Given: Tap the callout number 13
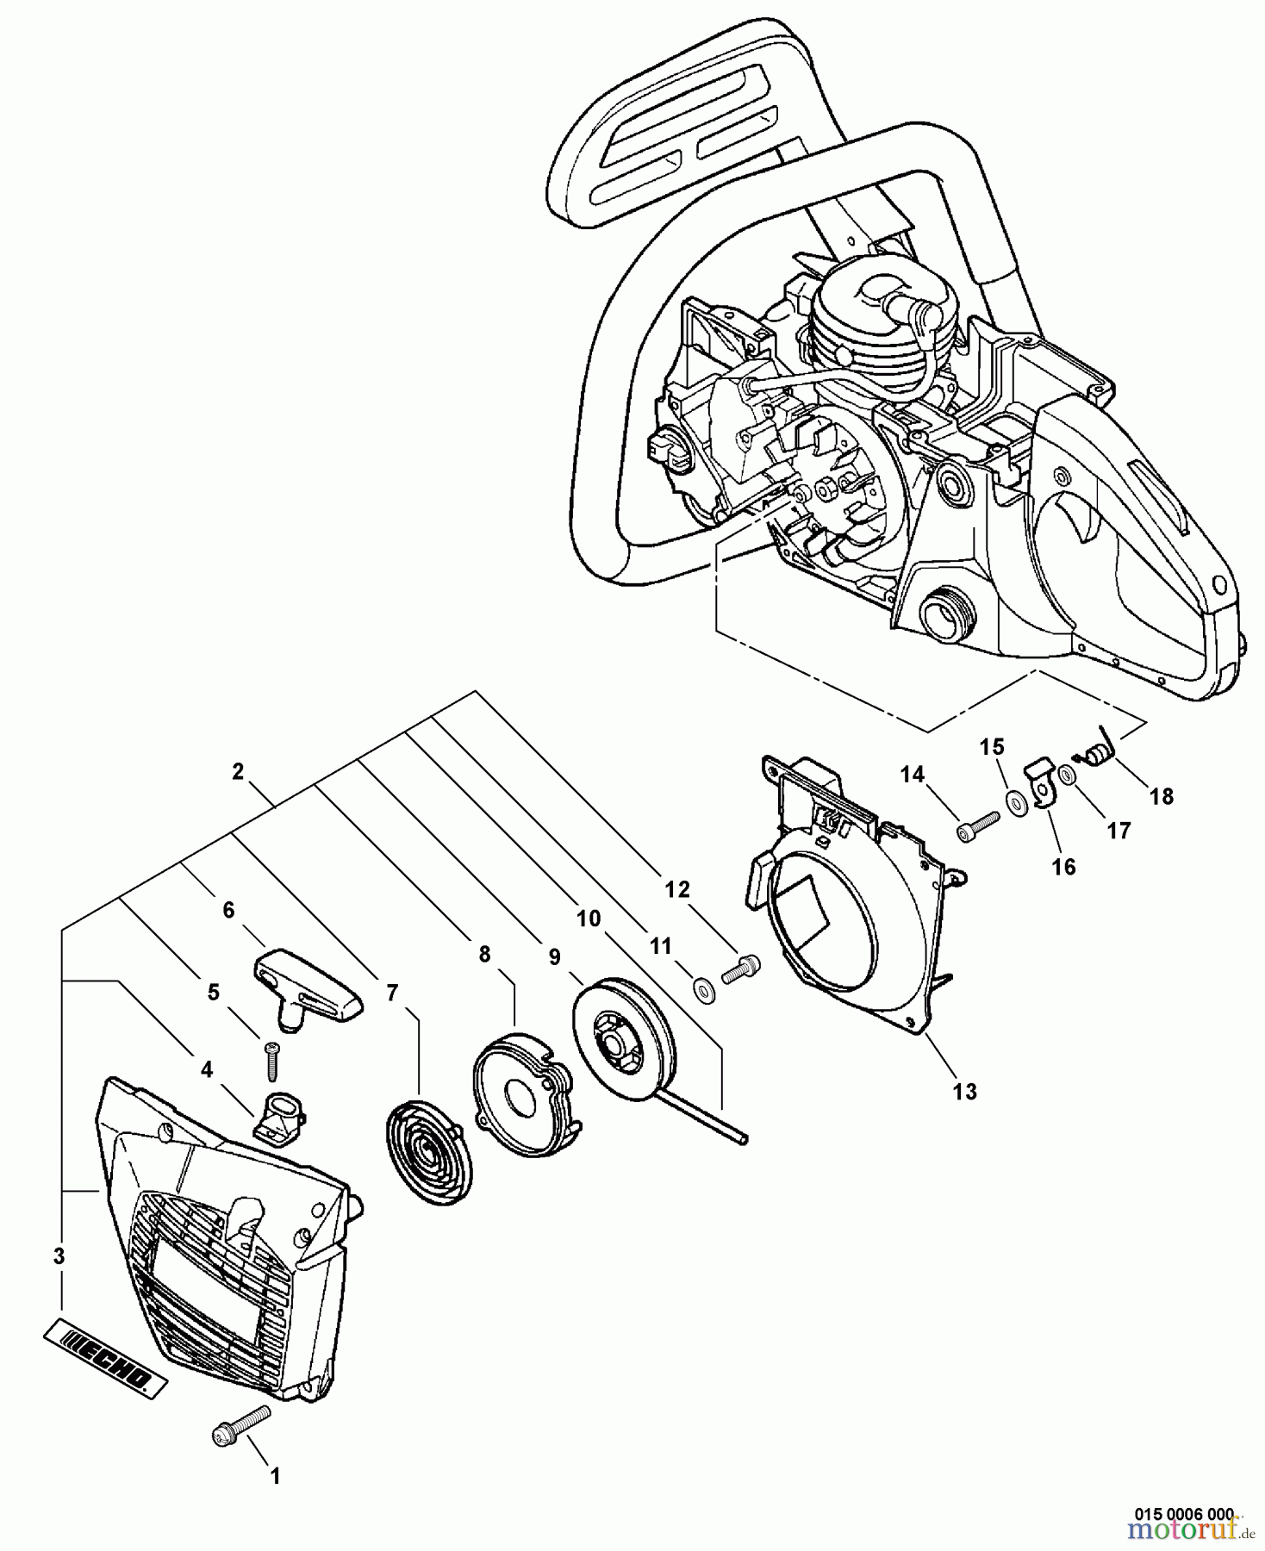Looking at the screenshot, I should pyautogui.click(x=964, y=1092).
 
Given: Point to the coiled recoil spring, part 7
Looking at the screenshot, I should pyautogui.click(x=428, y=1146).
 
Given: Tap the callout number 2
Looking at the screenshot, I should pyautogui.click(x=238, y=773).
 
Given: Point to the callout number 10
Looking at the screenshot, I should pyautogui.click(x=588, y=919).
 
